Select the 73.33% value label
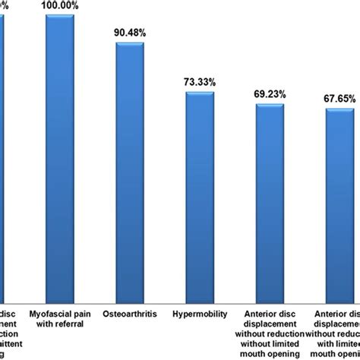[201, 80]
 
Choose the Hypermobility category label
[201, 313]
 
